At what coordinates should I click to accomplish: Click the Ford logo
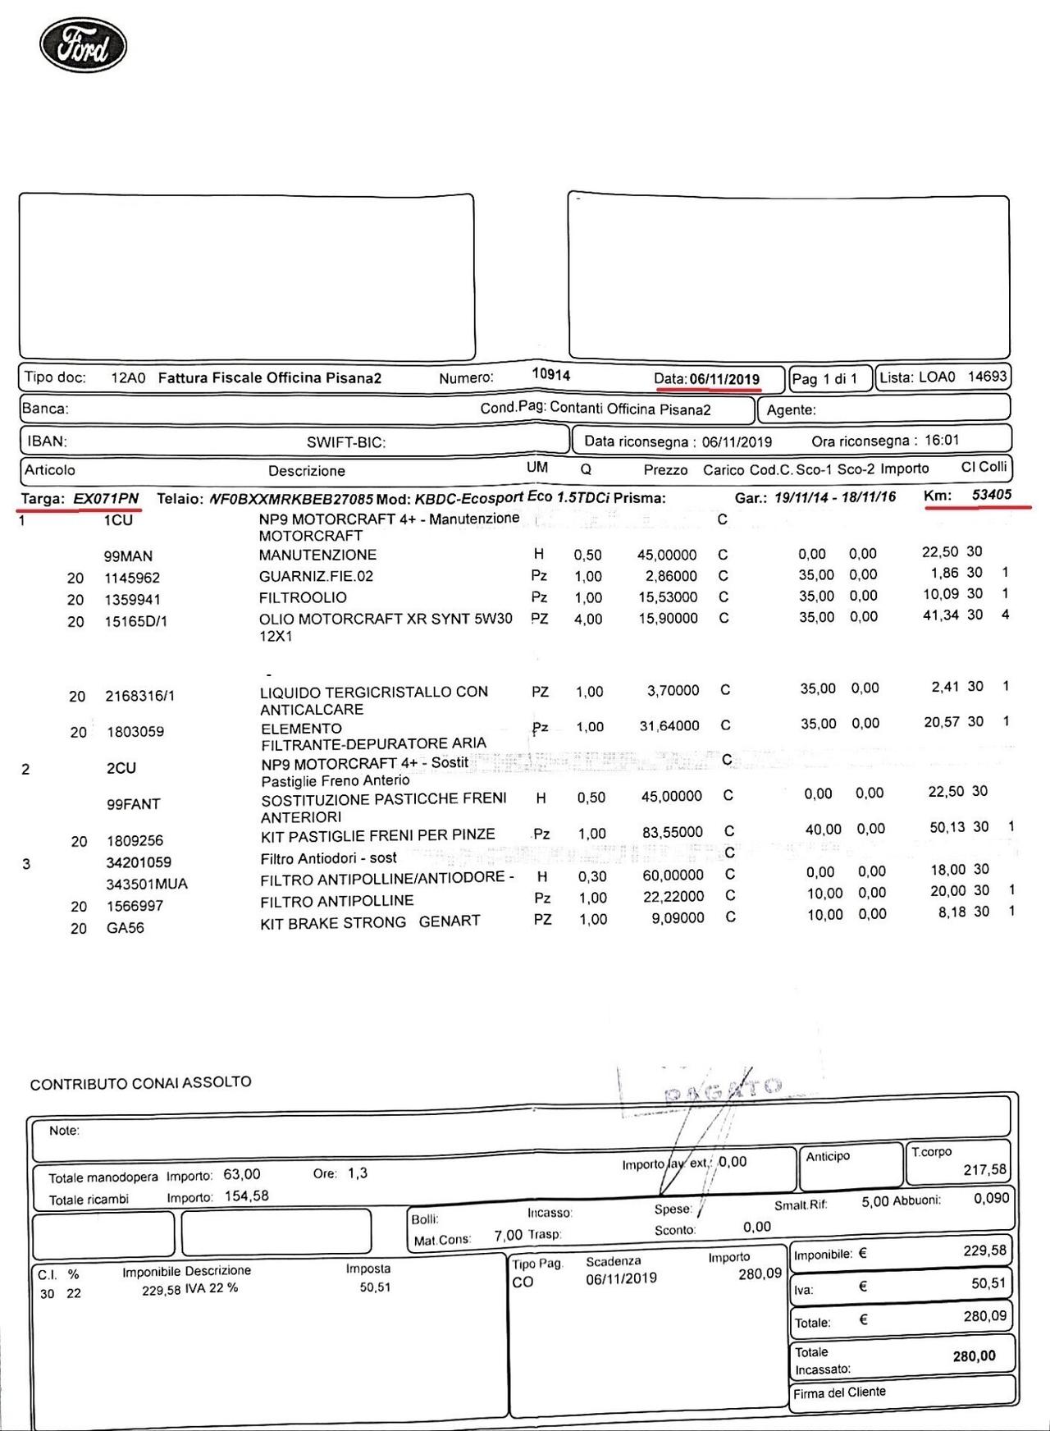pyautogui.click(x=83, y=46)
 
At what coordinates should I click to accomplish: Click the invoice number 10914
pyautogui.click(x=550, y=374)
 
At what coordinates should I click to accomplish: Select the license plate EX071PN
pyautogui.click(x=106, y=499)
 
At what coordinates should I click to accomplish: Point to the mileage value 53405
pyautogui.click(x=991, y=495)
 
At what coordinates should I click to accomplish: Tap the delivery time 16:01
pyautogui.click(x=941, y=441)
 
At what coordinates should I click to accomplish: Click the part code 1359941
pyautogui.click(x=132, y=600)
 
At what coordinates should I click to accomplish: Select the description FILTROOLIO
pyautogui.click(x=303, y=597)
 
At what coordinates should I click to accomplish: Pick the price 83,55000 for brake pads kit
pyautogui.click(x=672, y=832)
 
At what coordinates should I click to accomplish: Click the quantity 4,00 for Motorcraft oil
pyautogui.click(x=587, y=619)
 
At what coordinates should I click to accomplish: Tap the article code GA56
pyautogui.click(x=125, y=928)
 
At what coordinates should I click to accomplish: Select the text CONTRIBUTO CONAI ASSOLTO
pyautogui.click(x=140, y=1083)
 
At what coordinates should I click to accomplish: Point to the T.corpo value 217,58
pyautogui.click(x=984, y=1169)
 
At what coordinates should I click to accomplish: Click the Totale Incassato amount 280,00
pyautogui.click(x=974, y=1356)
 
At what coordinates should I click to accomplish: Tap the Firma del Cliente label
pyautogui.click(x=839, y=1392)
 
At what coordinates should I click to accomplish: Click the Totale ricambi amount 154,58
pyautogui.click(x=246, y=1196)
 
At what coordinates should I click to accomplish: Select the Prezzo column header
pyautogui.click(x=665, y=470)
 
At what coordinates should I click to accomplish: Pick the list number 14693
pyautogui.click(x=987, y=377)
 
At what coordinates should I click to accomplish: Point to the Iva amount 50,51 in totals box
pyautogui.click(x=988, y=1283)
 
